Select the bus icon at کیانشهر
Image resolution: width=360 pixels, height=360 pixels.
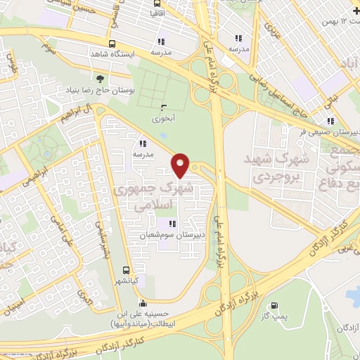click(x=126, y=270)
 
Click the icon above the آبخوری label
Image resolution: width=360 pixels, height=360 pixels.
click(x=164, y=108)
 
